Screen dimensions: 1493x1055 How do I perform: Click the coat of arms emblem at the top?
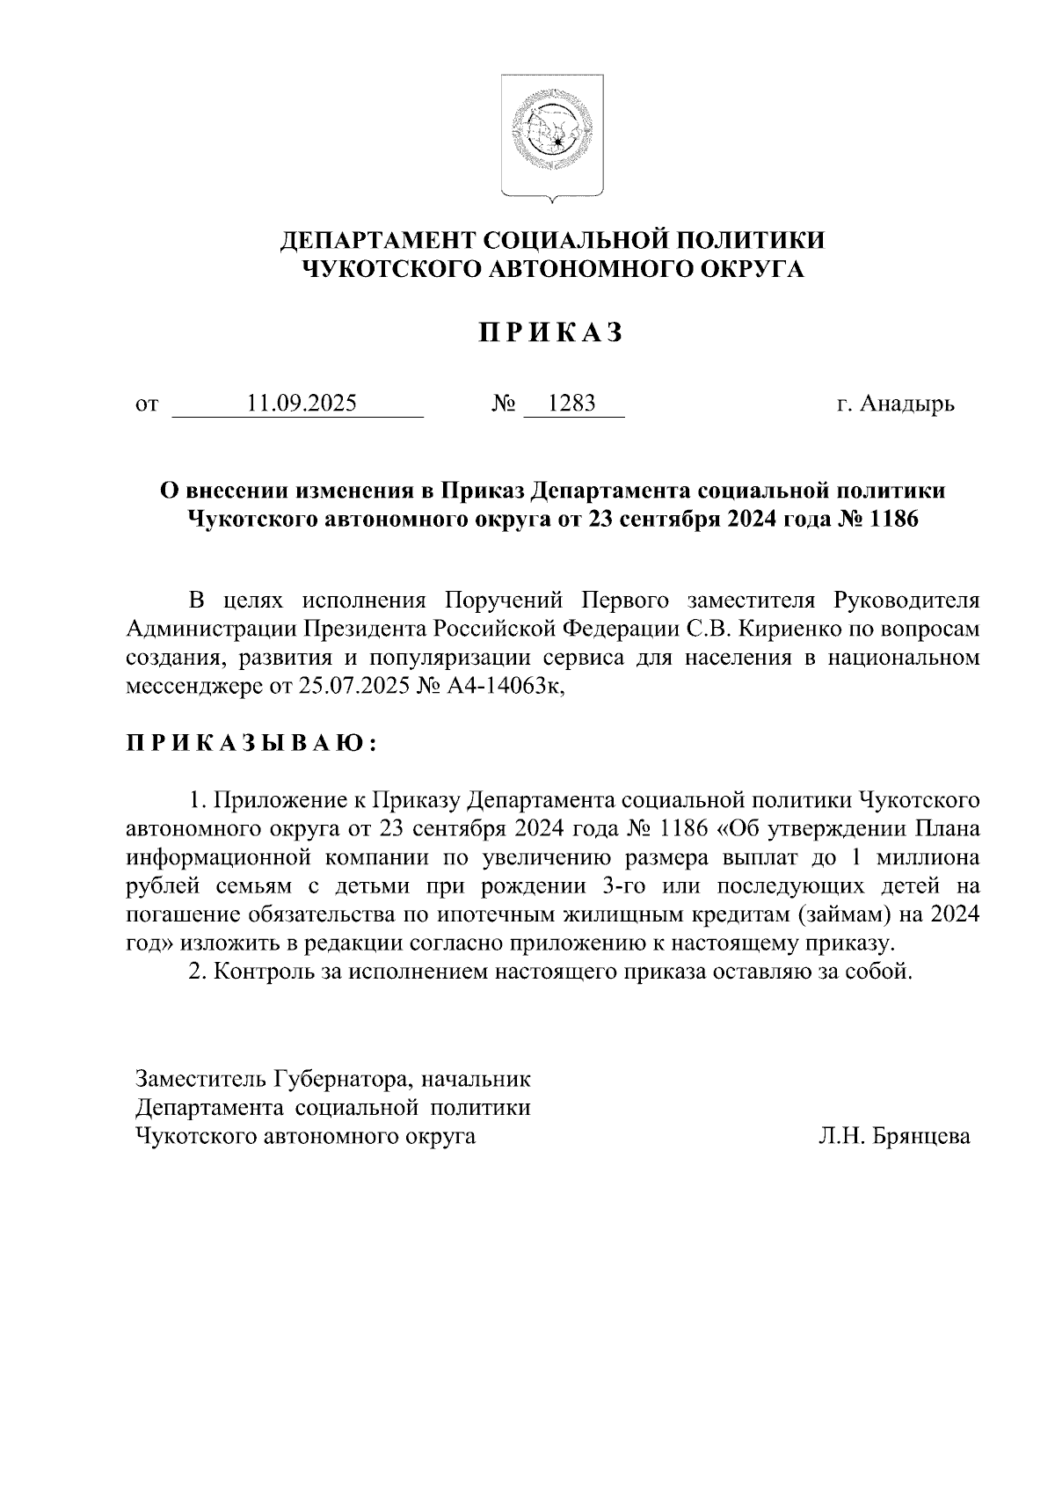(x=552, y=138)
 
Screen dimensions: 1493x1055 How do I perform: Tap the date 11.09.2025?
(x=302, y=404)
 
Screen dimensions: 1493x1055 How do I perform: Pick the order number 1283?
(x=571, y=404)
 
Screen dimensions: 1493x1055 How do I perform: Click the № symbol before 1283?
(x=504, y=404)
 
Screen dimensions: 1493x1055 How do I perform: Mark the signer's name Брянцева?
(x=923, y=1137)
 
